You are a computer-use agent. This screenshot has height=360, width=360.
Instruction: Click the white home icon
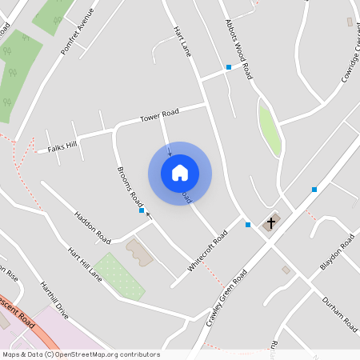click(x=180, y=173)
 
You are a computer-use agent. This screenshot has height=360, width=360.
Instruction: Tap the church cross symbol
click(x=271, y=222)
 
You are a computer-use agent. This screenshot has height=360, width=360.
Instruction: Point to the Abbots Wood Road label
click(x=238, y=49)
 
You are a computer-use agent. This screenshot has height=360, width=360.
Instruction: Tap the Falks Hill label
click(x=62, y=146)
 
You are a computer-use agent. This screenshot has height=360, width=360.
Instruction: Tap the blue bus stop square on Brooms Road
click(x=142, y=211)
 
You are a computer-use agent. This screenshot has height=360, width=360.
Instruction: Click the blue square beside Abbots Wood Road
click(x=229, y=67)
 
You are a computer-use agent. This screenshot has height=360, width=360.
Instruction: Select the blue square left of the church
click(x=248, y=225)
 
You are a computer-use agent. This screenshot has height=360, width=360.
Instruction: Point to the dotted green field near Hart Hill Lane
click(x=118, y=275)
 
